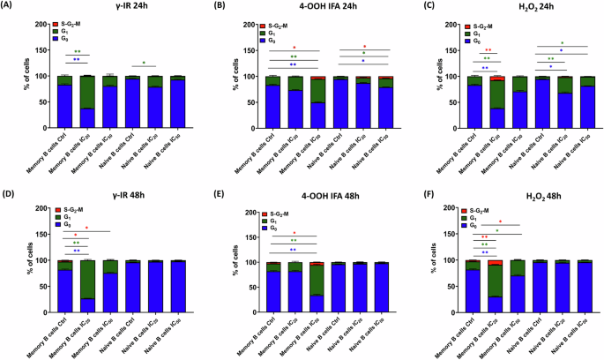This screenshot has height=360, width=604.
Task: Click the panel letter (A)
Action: [11, 7]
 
